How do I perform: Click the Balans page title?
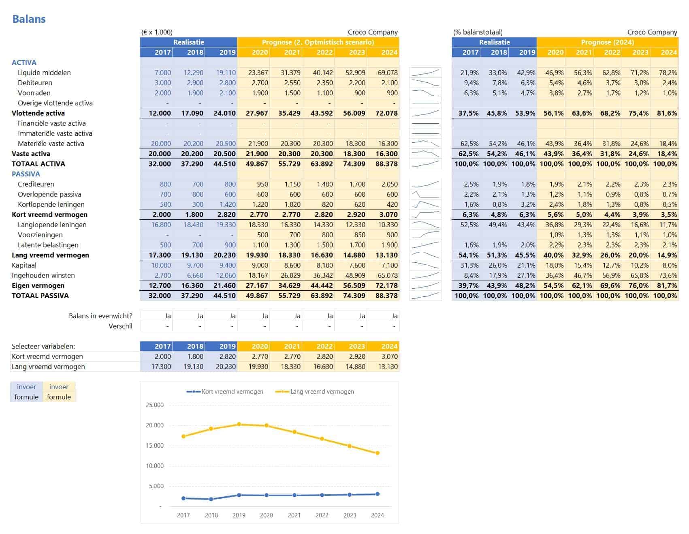(x=29, y=19)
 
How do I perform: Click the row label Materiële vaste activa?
(x=51, y=144)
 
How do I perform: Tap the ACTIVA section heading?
(x=24, y=62)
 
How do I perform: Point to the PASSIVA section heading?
(x=26, y=174)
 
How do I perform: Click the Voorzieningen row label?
(x=40, y=235)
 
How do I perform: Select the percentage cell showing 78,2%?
(x=668, y=73)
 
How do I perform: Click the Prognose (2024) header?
(x=607, y=42)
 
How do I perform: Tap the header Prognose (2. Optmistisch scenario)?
(x=318, y=42)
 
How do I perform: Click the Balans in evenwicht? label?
(x=100, y=316)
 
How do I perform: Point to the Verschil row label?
(x=120, y=326)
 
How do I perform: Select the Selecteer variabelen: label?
(x=43, y=346)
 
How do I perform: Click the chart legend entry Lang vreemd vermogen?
(x=322, y=392)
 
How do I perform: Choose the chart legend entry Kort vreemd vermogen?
(x=232, y=392)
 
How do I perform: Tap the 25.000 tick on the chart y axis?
(x=154, y=405)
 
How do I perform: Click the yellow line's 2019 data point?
(x=239, y=425)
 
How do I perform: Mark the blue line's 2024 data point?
(x=378, y=494)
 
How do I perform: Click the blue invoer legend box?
(x=26, y=387)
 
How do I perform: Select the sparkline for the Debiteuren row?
(x=425, y=83)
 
